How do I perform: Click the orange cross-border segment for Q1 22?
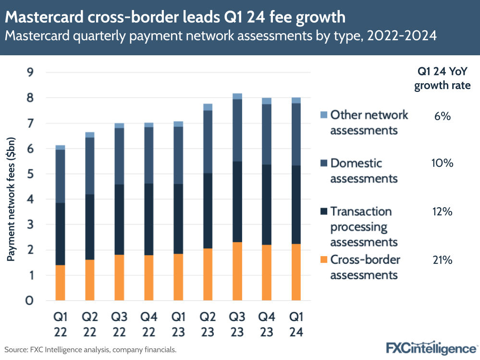click(x=60, y=283)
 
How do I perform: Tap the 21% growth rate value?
click(x=442, y=260)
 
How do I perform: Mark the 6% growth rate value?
click(x=442, y=115)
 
